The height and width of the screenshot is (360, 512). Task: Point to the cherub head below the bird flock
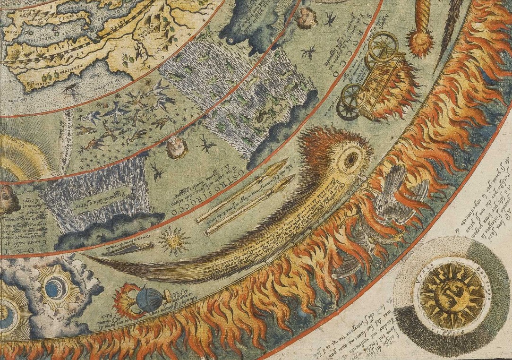[176, 147]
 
